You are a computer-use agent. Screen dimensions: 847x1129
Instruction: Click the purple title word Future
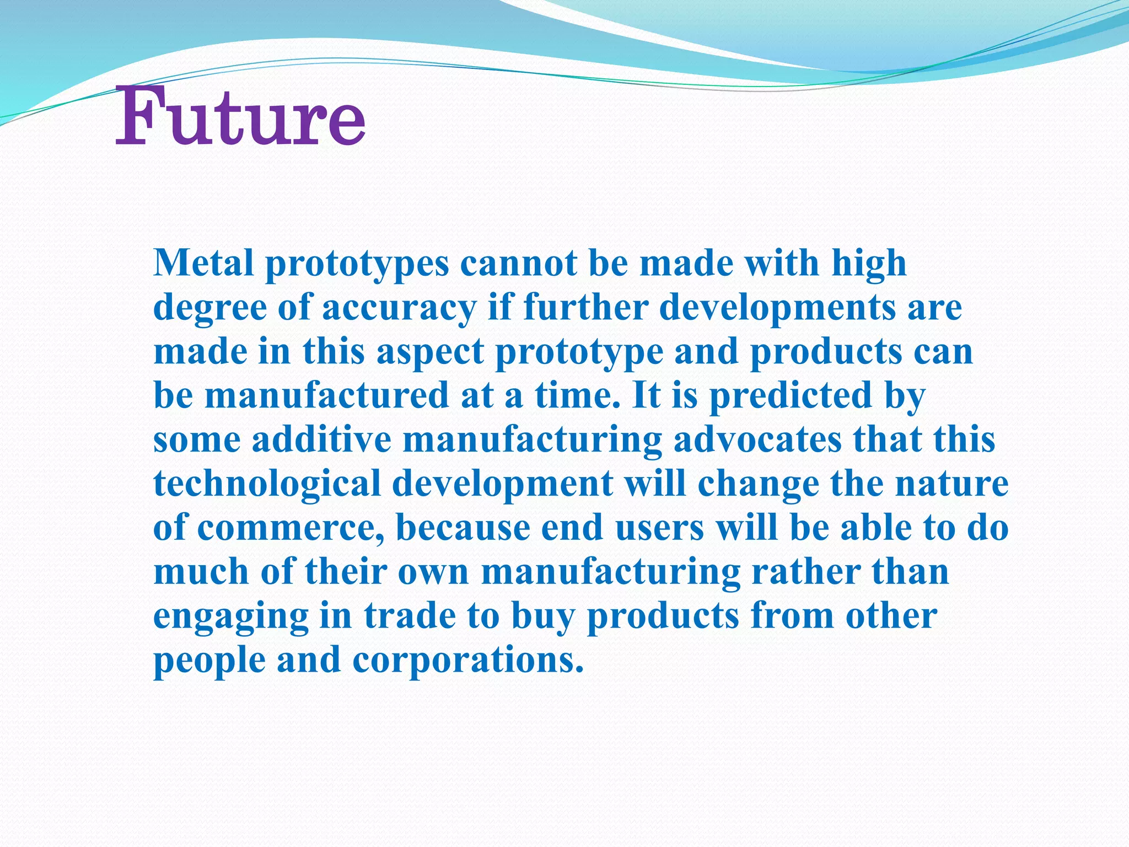pos(240,117)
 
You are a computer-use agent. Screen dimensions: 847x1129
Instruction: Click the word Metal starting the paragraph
pos(203,263)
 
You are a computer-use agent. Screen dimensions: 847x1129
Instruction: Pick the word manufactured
pos(327,396)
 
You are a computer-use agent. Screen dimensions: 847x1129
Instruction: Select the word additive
pos(321,440)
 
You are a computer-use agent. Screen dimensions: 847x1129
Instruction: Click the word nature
pos(951,484)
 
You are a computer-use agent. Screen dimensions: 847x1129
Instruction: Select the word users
pos(659,528)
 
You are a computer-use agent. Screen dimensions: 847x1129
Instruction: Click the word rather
pos(806,572)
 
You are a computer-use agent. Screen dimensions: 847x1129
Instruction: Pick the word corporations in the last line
pos(467,661)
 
